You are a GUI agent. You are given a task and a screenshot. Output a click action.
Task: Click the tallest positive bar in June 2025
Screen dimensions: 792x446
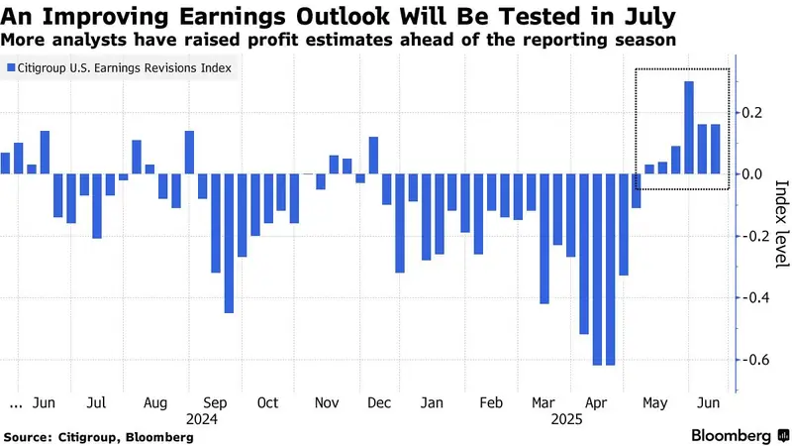pos(689,128)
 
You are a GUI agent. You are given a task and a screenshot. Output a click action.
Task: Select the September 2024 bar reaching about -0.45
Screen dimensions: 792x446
pos(229,243)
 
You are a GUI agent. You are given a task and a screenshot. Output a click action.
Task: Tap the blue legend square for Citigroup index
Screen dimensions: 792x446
pos(11,67)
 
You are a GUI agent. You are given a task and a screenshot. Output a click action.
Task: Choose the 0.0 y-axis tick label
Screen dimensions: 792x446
pos(751,174)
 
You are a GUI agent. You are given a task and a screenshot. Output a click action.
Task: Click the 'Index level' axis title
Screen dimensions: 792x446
pos(781,224)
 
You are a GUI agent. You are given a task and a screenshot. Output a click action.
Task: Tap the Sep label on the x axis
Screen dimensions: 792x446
pos(215,403)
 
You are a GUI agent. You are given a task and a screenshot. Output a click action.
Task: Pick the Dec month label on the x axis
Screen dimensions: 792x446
pos(379,403)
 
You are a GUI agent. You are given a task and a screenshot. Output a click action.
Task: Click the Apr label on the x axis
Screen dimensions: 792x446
pos(596,403)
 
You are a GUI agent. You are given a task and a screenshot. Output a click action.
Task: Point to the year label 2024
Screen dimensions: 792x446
pos(202,419)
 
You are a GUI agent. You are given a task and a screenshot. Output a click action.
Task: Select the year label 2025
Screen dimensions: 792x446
pos(566,419)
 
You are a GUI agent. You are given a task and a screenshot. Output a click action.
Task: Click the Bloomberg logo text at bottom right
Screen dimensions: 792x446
pos(731,435)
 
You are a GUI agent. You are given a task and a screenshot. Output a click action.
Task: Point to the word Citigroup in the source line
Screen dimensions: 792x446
pos(88,437)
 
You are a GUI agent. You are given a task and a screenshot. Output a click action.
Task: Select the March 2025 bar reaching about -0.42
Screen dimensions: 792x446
pos(544,239)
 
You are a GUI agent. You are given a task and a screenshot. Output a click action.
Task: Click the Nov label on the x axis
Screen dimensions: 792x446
pos(327,403)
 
